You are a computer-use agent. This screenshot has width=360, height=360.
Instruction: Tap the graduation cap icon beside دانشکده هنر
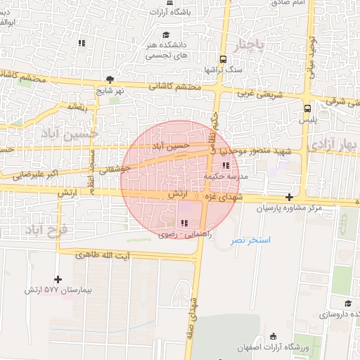166,34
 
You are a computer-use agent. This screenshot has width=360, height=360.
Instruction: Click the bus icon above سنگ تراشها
223,59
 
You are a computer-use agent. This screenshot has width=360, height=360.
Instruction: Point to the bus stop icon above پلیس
307,108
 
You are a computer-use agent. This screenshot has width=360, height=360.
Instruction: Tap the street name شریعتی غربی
255,93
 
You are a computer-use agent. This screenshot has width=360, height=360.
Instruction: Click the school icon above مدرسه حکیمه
226,166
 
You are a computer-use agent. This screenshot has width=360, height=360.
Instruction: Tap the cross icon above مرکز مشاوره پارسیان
290,198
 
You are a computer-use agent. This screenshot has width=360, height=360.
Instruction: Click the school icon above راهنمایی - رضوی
184,223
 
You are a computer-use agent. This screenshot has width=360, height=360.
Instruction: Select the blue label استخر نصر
251,240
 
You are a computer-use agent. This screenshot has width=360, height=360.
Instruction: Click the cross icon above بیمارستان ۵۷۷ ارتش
59,279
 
